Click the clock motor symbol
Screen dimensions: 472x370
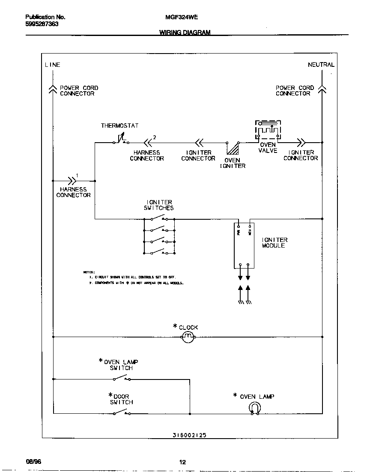(188, 338)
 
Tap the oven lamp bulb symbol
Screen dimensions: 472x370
(254, 409)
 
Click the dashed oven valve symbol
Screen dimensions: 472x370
(269, 130)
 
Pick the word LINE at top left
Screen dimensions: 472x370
(52, 65)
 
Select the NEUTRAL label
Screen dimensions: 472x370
(321, 65)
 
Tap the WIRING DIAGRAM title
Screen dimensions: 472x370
(185, 33)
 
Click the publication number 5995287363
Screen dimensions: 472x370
(42, 24)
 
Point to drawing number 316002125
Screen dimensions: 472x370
(189, 435)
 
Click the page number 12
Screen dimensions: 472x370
(182, 462)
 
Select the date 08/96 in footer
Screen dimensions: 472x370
(33, 462)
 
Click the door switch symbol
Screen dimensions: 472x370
(122, 413)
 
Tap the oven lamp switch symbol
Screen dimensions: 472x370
(122, 378)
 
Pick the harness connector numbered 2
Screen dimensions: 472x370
(148, 142)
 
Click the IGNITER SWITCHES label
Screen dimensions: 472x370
(158, 205)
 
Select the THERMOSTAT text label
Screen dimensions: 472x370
(119, 125)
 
